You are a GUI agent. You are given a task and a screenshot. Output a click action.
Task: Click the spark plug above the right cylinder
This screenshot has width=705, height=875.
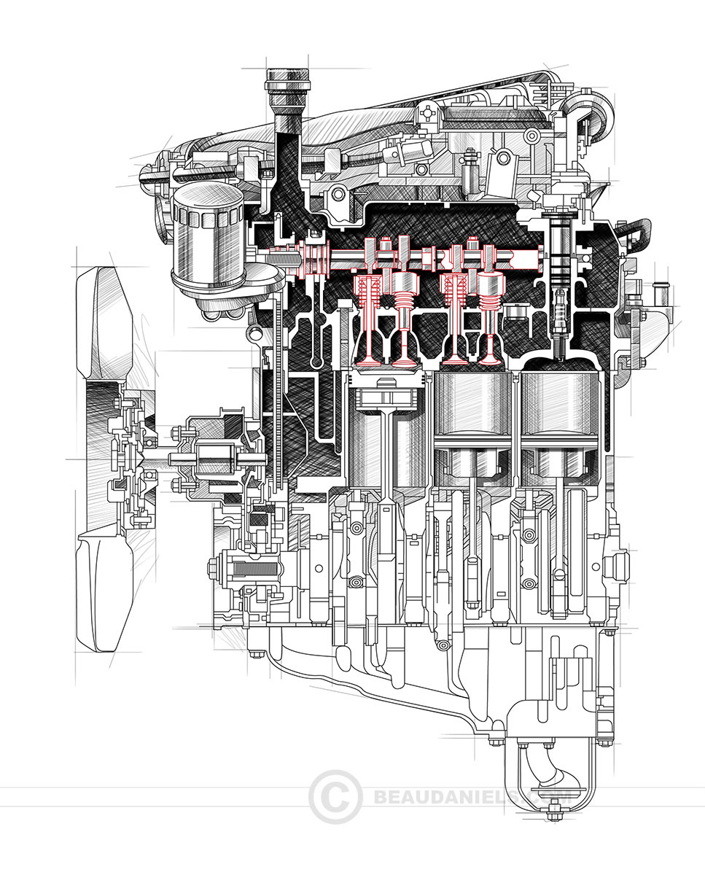coord(559,321)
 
